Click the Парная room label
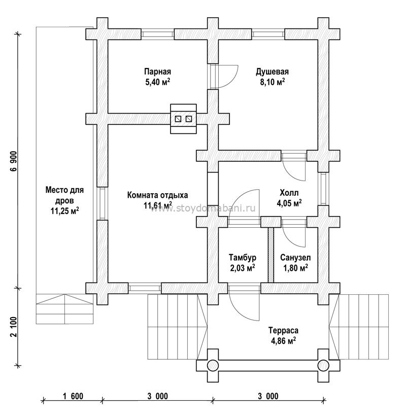(x=157, y=72)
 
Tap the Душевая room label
(x=272, y=72)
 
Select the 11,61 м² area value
(x=158, y=205)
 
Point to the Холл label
(x=289, y=193)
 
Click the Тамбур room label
(x=243, y=258)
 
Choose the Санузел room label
(x=295, y=258)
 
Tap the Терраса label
(x=283, y=331)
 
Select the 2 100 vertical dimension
(x=14, y=327)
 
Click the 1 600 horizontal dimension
(x=73, y=396)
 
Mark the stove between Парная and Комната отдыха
(x=184, y=119)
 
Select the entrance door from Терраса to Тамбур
(x=244, y=303)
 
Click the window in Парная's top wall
(x=157, y=34)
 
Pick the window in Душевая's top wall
(x=268, y=34)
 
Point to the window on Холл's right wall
(x=323, y=189)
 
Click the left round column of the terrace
(x=213, y=365)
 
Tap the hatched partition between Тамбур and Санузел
(x=271, y=255)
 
